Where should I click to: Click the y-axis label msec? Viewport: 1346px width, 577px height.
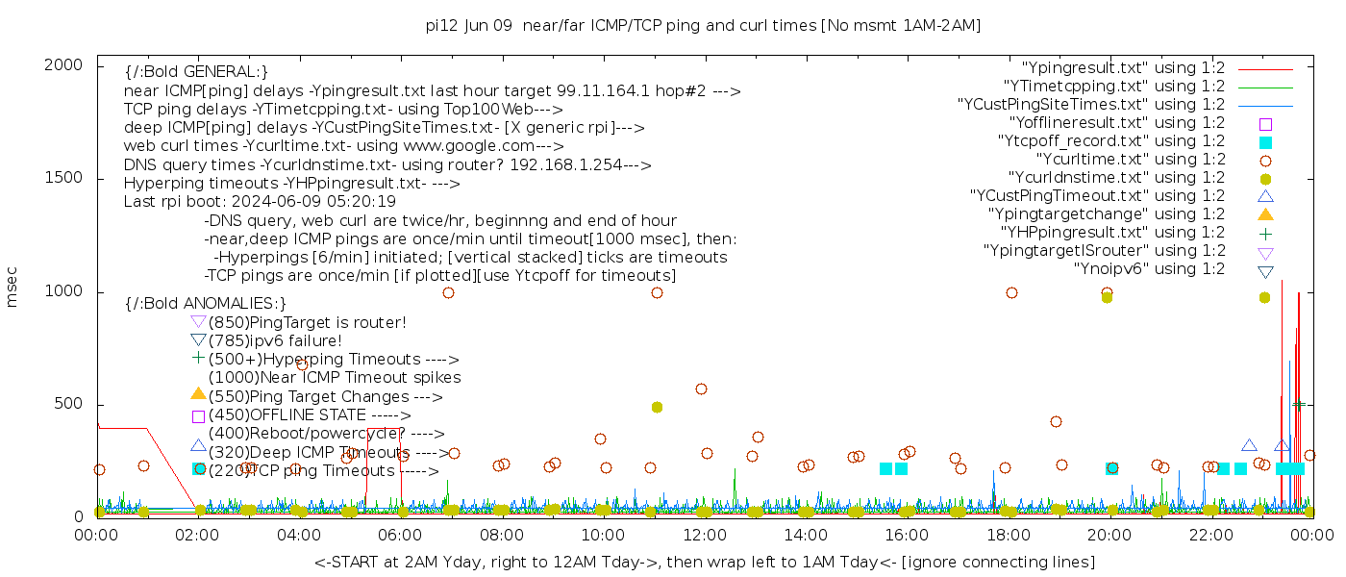coord(12,287)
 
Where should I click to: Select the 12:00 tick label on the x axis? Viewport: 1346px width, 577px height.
coord(705,535)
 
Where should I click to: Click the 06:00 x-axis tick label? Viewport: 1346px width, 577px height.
coord(401,535)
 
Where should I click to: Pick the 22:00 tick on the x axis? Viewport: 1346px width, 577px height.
coord(1211,535)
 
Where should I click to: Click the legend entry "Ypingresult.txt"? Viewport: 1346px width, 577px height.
coord(1122,68)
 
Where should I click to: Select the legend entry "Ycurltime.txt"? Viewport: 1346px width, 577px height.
coord(1130,160)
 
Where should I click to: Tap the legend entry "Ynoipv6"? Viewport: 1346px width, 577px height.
coord(1149,269)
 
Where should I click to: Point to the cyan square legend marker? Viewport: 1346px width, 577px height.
coord(1265,141)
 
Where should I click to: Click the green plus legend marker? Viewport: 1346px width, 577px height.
coord(1265,233)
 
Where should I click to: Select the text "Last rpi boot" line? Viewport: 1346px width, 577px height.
coord(260,202)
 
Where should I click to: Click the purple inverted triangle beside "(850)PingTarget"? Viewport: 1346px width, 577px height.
coord(198,322)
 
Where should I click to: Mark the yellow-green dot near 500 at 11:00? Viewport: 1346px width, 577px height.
coord(657,407)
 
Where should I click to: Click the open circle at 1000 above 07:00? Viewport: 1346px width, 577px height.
coord(448,292)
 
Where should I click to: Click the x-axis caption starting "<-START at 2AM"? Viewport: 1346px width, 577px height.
coord(704,562)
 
